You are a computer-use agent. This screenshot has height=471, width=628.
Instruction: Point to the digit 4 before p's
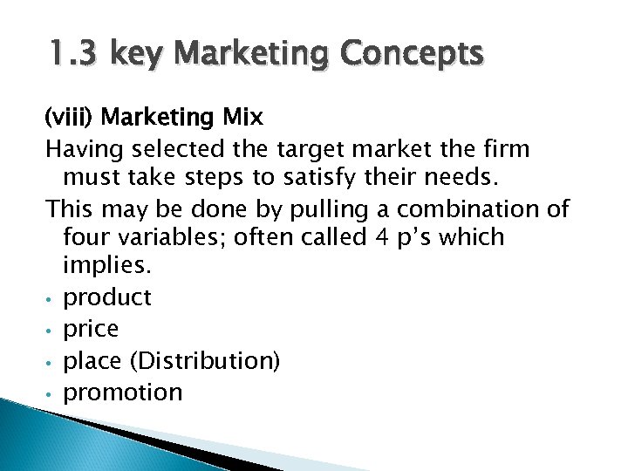point(372,236)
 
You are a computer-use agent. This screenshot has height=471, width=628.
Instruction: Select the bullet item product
point(107,298)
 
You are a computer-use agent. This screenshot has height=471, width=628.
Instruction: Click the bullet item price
point(92,330)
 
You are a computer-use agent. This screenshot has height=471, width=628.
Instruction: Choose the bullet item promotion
point(123,392)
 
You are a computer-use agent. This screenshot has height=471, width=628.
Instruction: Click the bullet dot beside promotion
point(50,394)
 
